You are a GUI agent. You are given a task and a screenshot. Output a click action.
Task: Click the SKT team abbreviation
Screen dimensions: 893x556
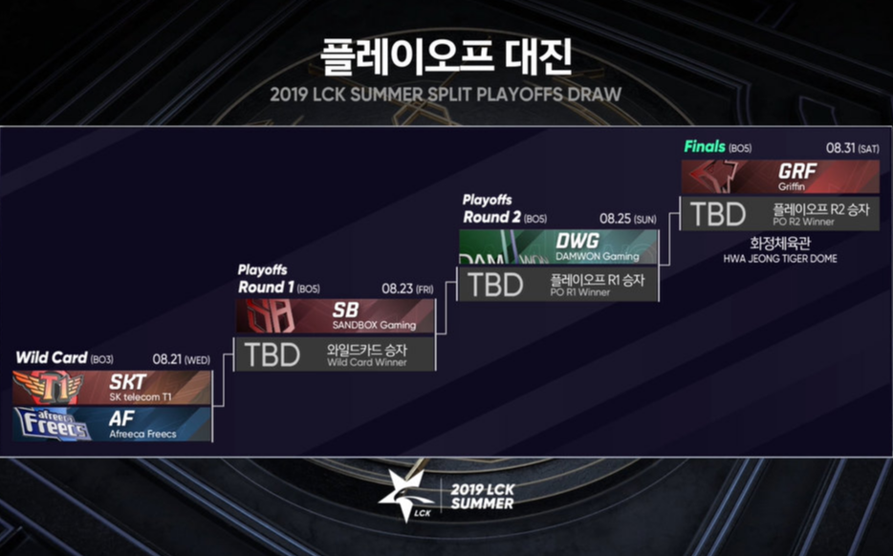pos(127,382)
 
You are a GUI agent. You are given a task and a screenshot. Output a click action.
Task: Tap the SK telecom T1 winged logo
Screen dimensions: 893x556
pos(48,388)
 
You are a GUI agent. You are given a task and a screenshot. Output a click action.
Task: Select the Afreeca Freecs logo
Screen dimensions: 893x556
pos(53,424)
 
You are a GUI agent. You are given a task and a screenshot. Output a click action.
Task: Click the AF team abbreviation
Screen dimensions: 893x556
pos(121,418)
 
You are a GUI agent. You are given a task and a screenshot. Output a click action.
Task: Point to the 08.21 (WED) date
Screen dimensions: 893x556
pos(181,359)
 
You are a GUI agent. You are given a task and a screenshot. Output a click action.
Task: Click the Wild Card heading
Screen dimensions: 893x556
pos(52,357)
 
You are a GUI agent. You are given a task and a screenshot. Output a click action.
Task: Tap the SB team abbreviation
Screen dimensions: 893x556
pos(345,310)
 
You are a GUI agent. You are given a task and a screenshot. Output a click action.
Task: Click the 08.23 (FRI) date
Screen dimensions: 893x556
pos(407,289)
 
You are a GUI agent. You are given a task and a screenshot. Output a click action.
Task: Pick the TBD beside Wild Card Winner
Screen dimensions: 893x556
pos(272,354)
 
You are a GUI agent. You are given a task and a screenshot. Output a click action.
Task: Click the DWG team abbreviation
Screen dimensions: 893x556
pos(577,241)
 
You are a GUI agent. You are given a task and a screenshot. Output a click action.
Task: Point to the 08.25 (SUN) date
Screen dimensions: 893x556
pos(627,219)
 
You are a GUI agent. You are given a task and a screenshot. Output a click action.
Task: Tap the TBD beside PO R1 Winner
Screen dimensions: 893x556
pos(495,285)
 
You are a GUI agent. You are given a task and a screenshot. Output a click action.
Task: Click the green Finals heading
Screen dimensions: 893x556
pos(705,147)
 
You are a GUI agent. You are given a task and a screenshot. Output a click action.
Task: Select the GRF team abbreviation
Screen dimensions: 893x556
pos(797,171)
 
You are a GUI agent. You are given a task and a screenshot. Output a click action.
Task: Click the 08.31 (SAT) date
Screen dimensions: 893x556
pos(853,148)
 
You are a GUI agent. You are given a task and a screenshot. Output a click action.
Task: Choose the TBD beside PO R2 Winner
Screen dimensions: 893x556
pos(718,214)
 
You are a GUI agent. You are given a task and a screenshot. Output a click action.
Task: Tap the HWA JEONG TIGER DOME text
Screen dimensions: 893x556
pos(780,258)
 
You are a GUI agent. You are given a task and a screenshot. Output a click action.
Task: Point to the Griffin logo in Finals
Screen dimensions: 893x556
pos(713,177)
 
